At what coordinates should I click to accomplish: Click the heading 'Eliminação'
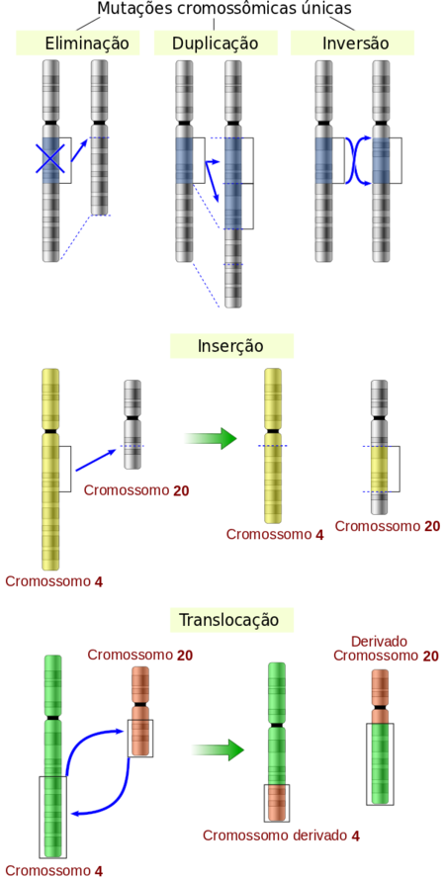coord(87,44)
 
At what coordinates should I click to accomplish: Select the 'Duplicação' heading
coord(216,44)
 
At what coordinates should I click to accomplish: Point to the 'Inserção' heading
coord(230,346)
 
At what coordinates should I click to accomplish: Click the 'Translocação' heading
coord(229,620)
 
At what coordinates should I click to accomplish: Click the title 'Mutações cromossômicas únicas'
coord(224,9)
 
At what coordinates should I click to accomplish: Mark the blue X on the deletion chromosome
coord(50,158)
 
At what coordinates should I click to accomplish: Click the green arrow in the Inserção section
coord(211,438)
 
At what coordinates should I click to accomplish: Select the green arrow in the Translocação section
coord(218,749)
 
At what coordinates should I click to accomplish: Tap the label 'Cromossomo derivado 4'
coord(281,836)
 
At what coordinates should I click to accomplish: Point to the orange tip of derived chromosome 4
coord(277,802)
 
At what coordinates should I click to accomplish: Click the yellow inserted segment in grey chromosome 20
coord(380,470)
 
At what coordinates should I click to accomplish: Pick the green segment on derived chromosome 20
coord(380,763)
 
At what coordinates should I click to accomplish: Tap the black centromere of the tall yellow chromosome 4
coord(50,431)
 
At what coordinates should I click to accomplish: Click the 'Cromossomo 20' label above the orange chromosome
coord(140,655)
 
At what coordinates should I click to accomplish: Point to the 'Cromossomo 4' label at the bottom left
coord(54,871)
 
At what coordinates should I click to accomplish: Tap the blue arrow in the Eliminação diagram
coord(79,150)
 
